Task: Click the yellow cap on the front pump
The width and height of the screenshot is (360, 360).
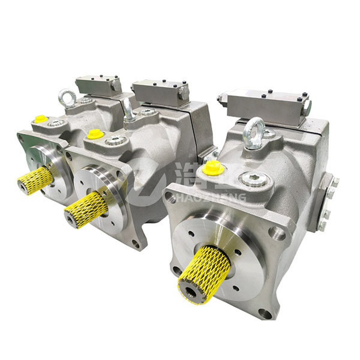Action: (x=213, y=169)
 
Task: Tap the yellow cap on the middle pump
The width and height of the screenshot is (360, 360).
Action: (x=94, y=134)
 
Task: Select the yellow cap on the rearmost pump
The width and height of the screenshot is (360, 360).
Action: (x=41, y=119)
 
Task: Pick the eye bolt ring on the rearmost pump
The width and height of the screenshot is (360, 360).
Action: (x=66, y=97)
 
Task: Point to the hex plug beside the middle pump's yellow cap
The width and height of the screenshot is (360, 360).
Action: (x=115, y=140)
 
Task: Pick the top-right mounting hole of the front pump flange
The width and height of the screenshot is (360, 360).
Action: (x=277, y=233)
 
